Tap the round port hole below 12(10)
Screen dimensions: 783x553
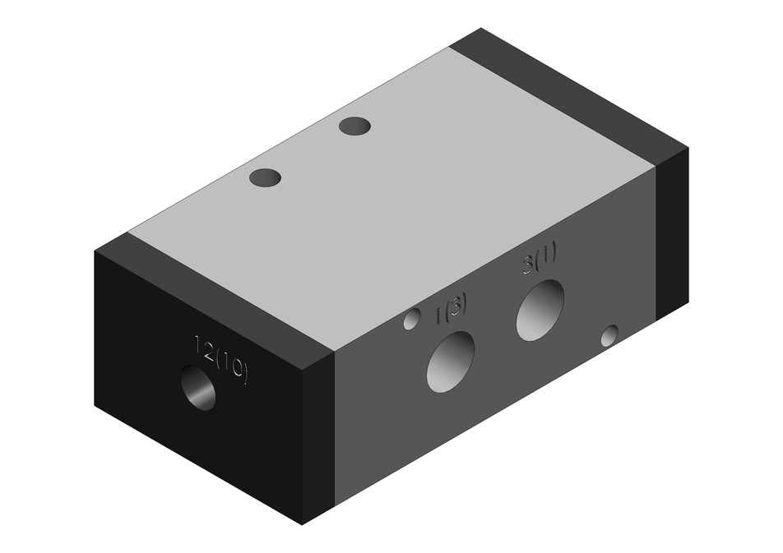coord(199,387)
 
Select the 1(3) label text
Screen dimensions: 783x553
coord(451,311)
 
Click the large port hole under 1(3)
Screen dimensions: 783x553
coord(451,362)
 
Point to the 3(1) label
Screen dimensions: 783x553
coord(540,260)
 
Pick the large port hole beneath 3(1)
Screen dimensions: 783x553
coord(540,310)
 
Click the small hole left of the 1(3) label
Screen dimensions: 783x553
coord(412,319)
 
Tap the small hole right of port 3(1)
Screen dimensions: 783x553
coord(609,335)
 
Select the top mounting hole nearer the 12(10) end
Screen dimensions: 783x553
coord(265,177)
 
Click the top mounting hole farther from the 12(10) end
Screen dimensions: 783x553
coord(354,126)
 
